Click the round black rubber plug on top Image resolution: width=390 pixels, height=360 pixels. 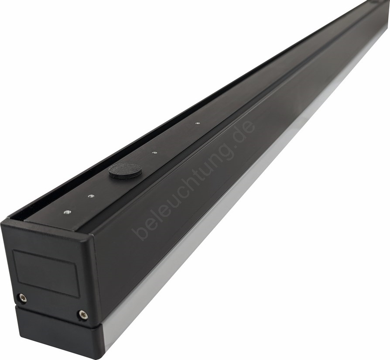click(x=125, y=171)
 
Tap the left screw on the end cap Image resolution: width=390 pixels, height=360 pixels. click(x=23, y=298)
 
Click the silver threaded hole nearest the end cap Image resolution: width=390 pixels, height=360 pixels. click(x=67, y=212)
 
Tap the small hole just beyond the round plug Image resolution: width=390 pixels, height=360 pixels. click(x=154, y=152)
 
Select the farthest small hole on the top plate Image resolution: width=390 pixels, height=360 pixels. click(x=198, y=123)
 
